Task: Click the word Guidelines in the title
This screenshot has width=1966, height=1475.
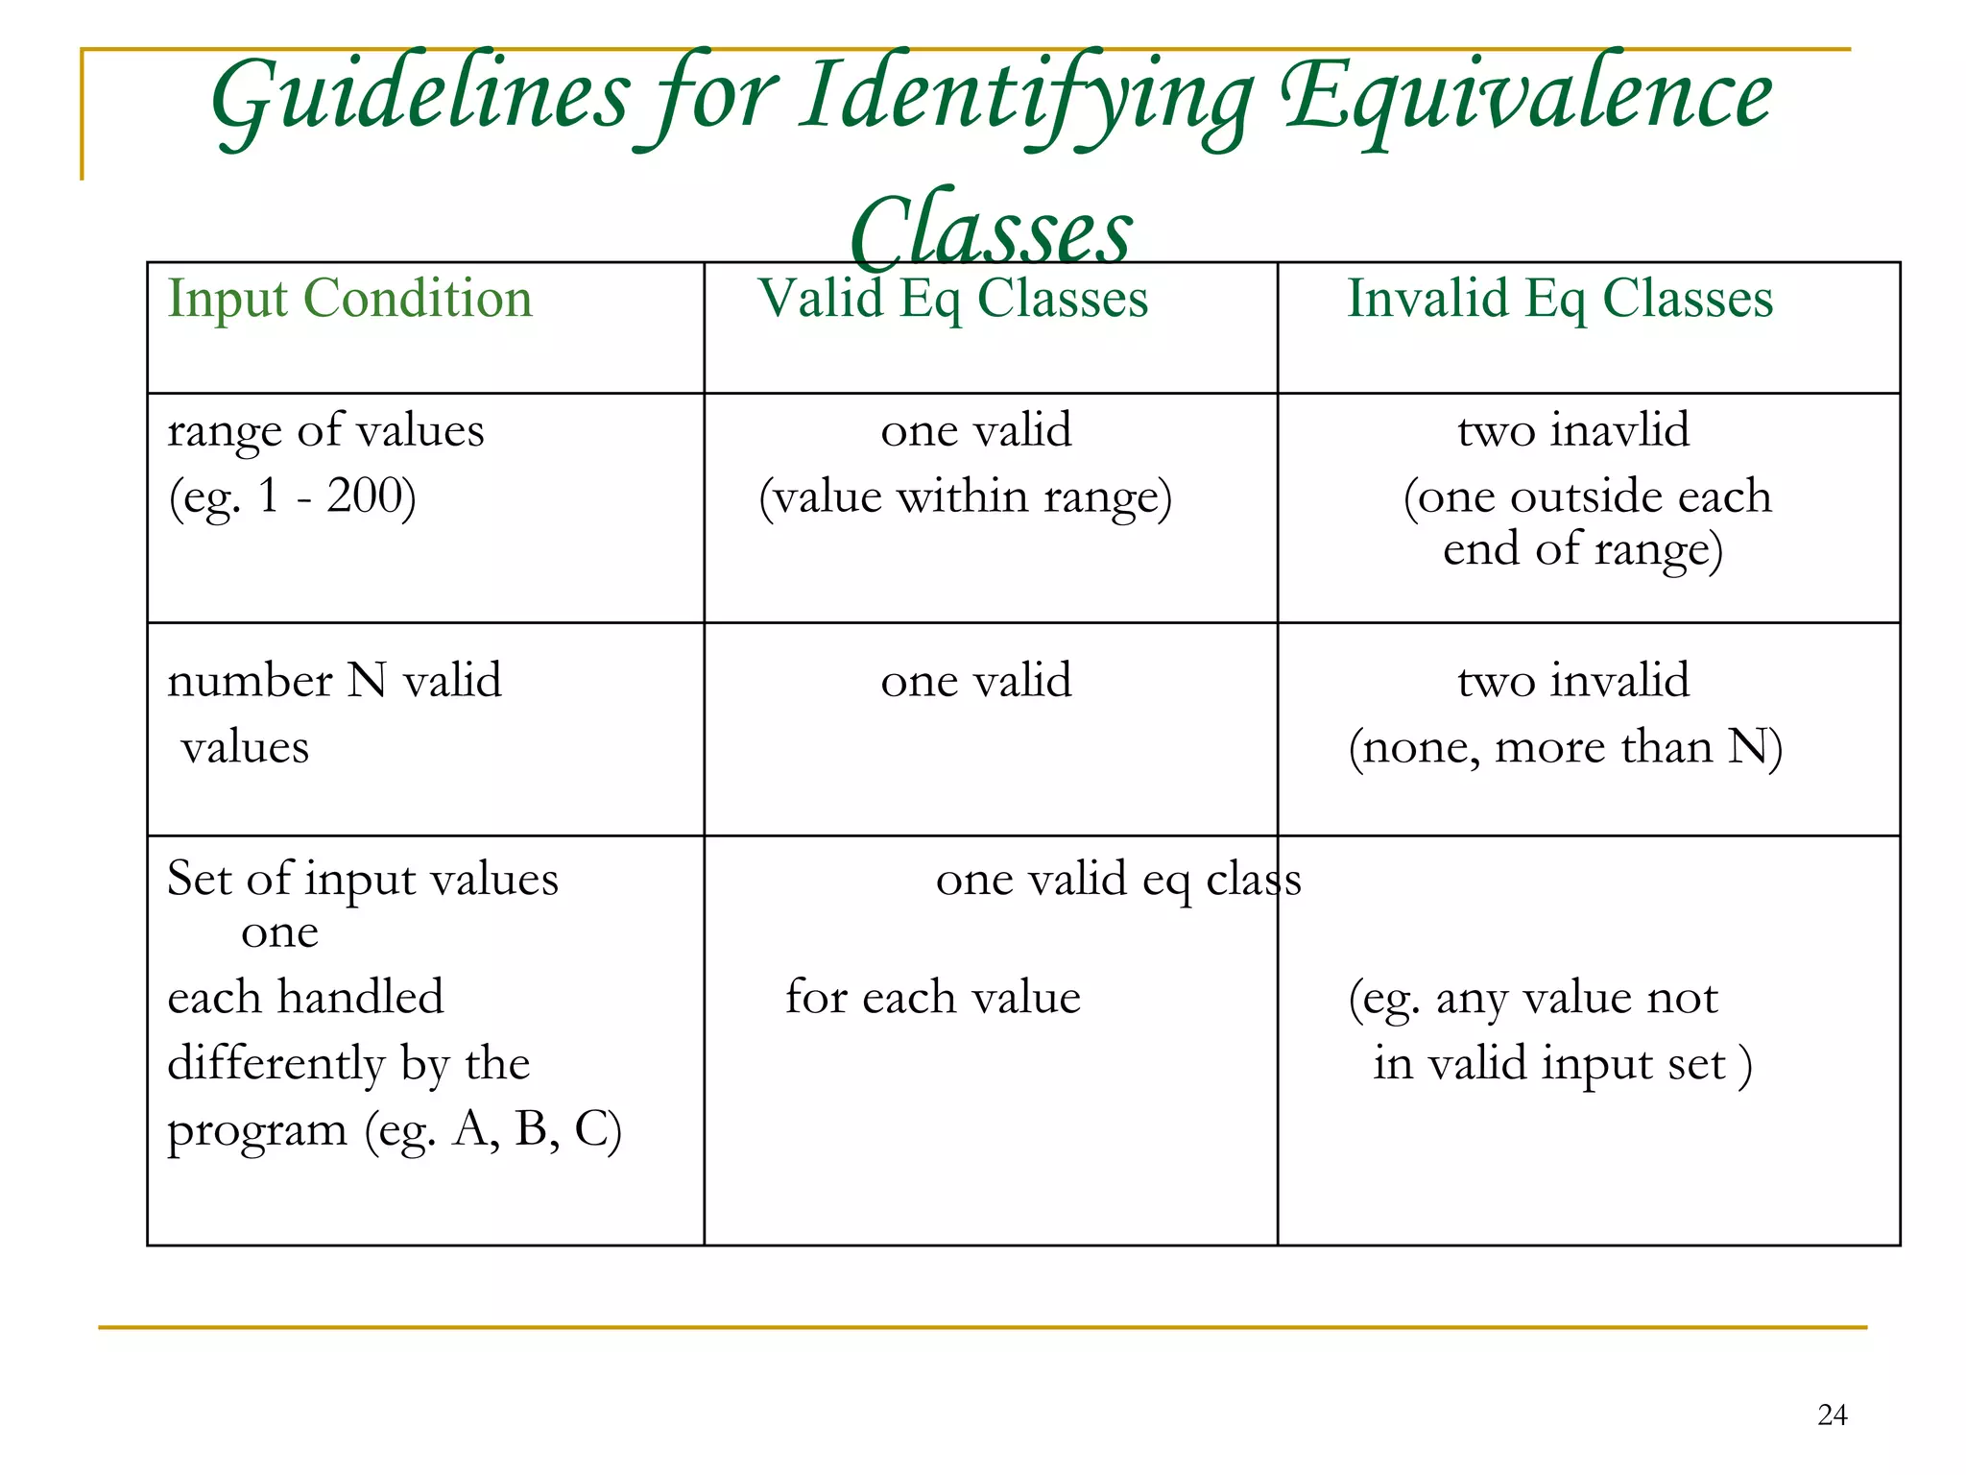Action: [x=420, y=96]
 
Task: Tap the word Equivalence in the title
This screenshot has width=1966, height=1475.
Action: [x=1526, y=96]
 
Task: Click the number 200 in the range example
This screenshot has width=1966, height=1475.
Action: [x=364, y=496]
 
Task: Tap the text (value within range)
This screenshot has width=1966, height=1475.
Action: [x=965, y=497]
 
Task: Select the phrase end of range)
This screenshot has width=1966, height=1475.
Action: [x=1582, y=550]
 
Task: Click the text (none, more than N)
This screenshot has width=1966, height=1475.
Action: [x=1565, y=747]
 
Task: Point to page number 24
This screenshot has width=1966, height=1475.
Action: [x=1832, y=1415]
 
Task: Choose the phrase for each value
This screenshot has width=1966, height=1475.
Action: [x=932, y=997]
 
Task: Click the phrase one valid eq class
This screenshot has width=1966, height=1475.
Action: [x=1117, y=879]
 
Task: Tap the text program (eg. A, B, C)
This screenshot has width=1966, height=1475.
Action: [x=394, y=1130]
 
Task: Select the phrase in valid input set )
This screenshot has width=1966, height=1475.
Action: [x=1562, y=1064]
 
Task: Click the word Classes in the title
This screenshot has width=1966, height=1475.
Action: [x=991, y=230]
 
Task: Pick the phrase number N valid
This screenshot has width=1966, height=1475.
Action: [x=334, y=681]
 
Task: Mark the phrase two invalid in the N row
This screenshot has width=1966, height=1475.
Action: [x=1572, y=681]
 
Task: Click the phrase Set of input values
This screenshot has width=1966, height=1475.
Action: [x=362, y=879]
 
